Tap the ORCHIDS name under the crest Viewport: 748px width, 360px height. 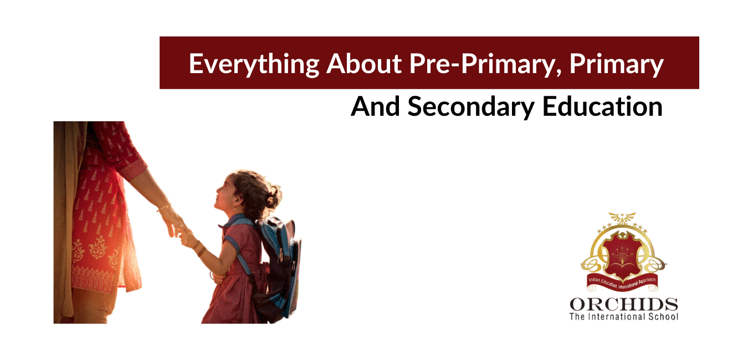(623, 305)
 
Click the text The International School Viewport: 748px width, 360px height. (623, 317)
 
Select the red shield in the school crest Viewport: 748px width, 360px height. (623, 260)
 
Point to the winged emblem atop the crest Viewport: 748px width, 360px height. (623, 218)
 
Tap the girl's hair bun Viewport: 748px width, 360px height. (273, 195)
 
